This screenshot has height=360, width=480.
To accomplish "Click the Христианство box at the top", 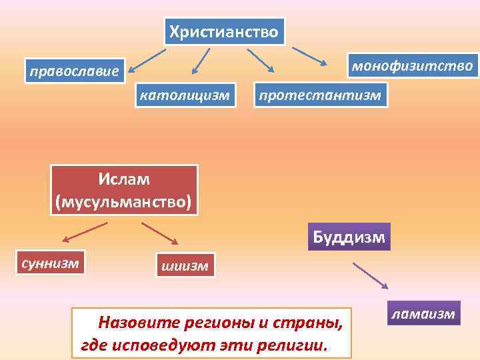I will pyautogui.click(x=224, y=31).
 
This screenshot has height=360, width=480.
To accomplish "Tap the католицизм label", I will pyautogui.click(x=184, y=96).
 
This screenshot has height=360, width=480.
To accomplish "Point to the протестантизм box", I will pyautogui.click(x=320, y=96).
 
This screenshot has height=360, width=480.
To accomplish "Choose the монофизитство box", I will pyautogui.click(x=412, y=66).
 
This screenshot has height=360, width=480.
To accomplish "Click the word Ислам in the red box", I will pyautogui.click(x=125, y=179).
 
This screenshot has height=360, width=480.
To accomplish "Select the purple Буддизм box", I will pyautogui.click(x=349, y=237).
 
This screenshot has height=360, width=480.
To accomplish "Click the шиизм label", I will pyautogui.click(x=184, y=266).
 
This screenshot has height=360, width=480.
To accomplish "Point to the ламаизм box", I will pyautogui.click(x=424, y=313).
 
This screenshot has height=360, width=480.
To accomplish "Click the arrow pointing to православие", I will pyautogui.click(x=147, y=59).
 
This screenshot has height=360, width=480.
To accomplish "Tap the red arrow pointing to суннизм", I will pyautogui.click(x=84, y=233).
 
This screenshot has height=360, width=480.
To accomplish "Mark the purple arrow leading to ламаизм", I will pyautogui.click(x=371, y=275).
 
